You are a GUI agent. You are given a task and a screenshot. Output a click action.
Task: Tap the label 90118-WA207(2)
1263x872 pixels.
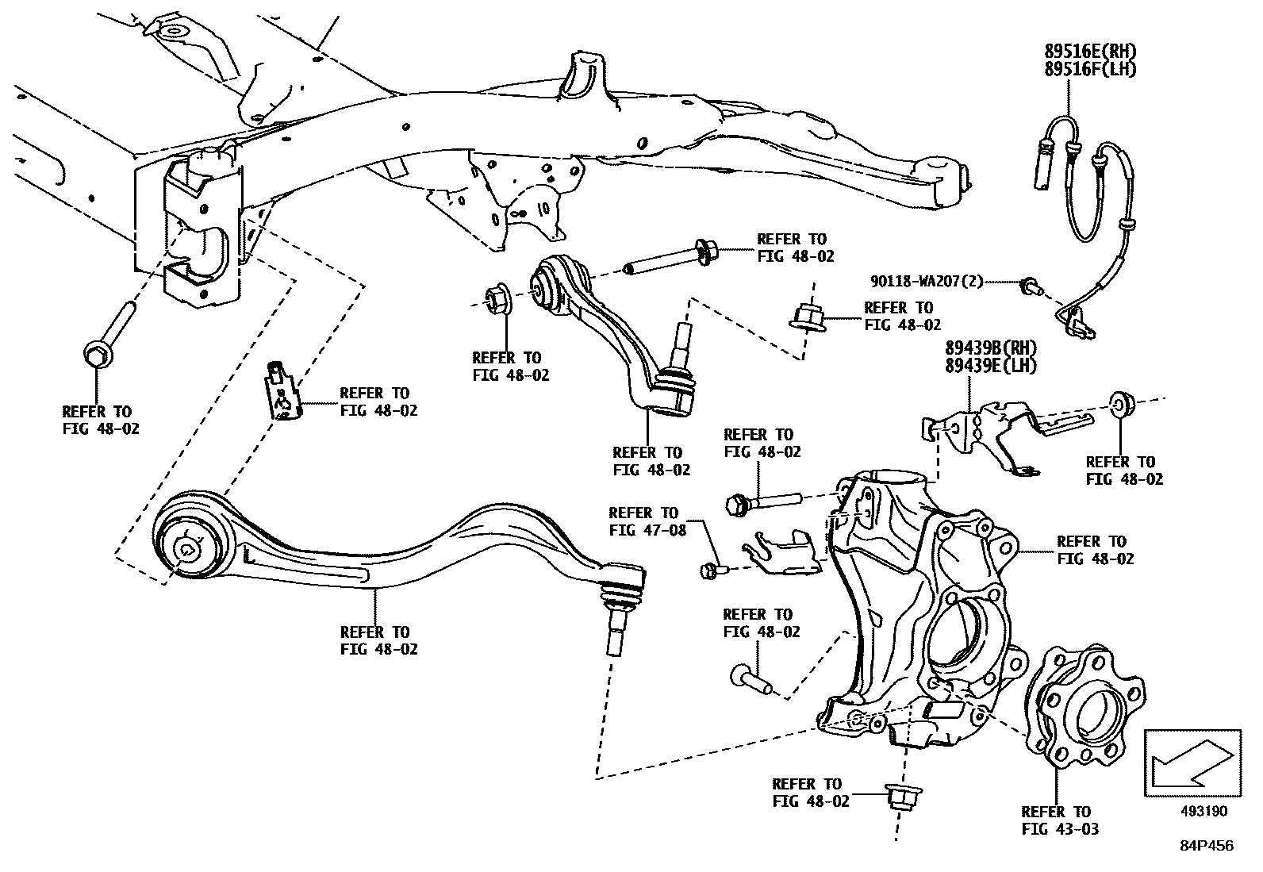click(927, 281)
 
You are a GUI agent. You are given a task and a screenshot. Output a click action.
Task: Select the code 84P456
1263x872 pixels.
click(1206, 846)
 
